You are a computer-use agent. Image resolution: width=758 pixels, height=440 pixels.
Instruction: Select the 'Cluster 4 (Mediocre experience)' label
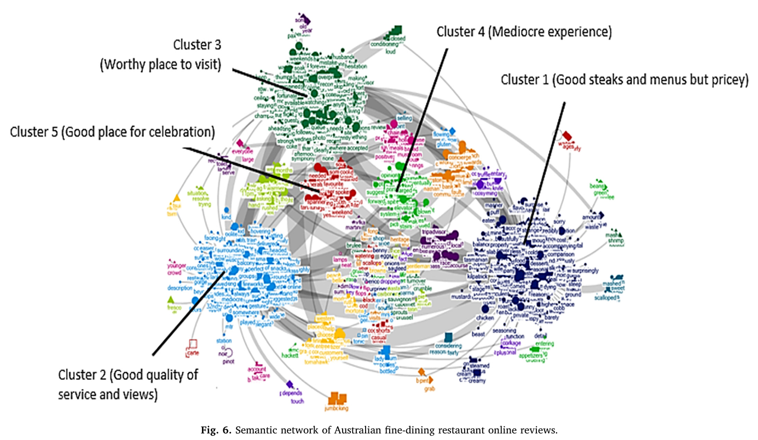click(524, 32)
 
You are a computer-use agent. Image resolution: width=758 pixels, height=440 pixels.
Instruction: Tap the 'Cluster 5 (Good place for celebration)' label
click(112, 132)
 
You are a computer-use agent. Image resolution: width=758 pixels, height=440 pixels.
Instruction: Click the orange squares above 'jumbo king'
click(339, 398)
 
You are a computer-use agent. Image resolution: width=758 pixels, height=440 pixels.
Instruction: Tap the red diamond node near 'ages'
click(568, 135)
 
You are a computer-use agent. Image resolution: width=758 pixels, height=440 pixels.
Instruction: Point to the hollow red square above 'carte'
click(192, 344)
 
